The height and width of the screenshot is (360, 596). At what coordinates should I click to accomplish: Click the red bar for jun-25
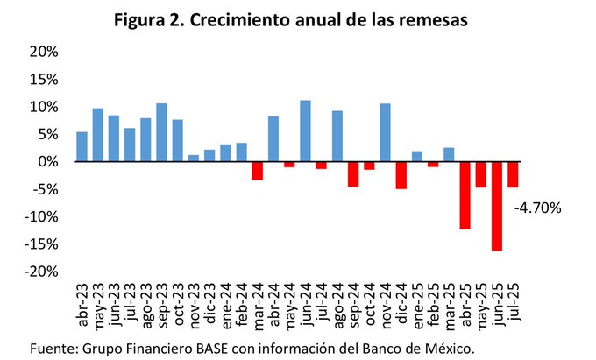(497, 206)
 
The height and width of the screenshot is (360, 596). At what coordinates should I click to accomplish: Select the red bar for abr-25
(465, 195)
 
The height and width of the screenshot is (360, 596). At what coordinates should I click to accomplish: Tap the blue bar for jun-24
(305, 131)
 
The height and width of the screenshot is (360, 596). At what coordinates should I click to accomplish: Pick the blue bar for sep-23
(161, 132)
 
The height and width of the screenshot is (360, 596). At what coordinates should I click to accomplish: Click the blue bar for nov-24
(385, 133)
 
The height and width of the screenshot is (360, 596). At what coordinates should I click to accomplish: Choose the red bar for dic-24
(401, 175)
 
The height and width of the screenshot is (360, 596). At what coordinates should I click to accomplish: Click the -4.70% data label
(537, 208)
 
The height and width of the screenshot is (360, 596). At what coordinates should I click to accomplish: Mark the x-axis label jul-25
(514, 306)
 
